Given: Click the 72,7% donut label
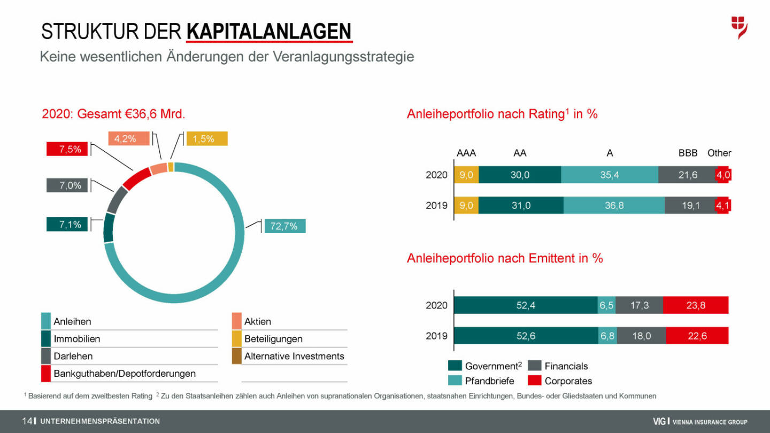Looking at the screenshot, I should click(284, 226).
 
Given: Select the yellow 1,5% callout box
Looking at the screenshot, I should click(206, 138).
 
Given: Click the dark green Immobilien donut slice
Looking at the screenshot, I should click(109, 227).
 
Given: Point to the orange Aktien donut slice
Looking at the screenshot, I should click(158, 169).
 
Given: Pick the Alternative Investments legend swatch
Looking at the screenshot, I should click(237, 356).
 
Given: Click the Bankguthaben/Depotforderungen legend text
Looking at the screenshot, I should click(124, 373).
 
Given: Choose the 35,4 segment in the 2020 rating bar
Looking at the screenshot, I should click(609, 175).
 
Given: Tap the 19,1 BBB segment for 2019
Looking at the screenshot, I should click(690, 205).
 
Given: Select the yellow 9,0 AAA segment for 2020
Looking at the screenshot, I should click(466, 175).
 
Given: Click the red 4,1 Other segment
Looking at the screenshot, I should click(723, 205).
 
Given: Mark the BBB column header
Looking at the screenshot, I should click(688, 153).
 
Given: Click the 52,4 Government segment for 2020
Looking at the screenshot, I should click(526, 305).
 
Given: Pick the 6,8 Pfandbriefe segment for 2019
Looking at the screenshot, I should click(607, 336).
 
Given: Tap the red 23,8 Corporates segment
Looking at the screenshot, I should click(695, 305).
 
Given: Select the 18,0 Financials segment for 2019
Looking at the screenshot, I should click(641, 336).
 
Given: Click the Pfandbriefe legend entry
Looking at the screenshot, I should click(489, 381).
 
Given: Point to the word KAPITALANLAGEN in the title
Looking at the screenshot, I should click(269, 32).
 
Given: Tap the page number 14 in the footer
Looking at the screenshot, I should click(27, 421).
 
